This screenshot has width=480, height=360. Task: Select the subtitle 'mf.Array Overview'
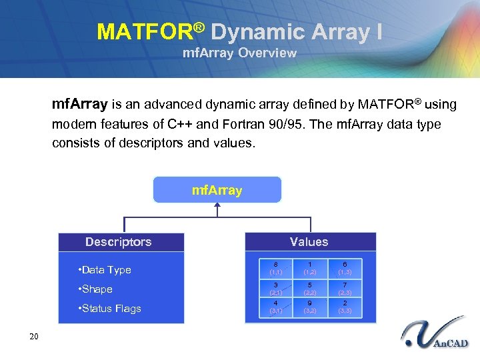[x=239, y=53]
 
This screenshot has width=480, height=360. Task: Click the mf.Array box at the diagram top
[x=217, y=190]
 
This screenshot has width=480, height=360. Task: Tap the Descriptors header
[x=119, y=242]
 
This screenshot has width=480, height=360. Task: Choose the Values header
[x=309, y=242]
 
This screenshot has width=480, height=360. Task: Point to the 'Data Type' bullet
[x=105, y=270]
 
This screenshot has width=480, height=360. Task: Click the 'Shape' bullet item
[x=95, y=289]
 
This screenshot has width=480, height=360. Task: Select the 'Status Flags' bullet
[x=109, y=309]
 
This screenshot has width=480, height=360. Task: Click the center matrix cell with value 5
[x=310, y=289]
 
